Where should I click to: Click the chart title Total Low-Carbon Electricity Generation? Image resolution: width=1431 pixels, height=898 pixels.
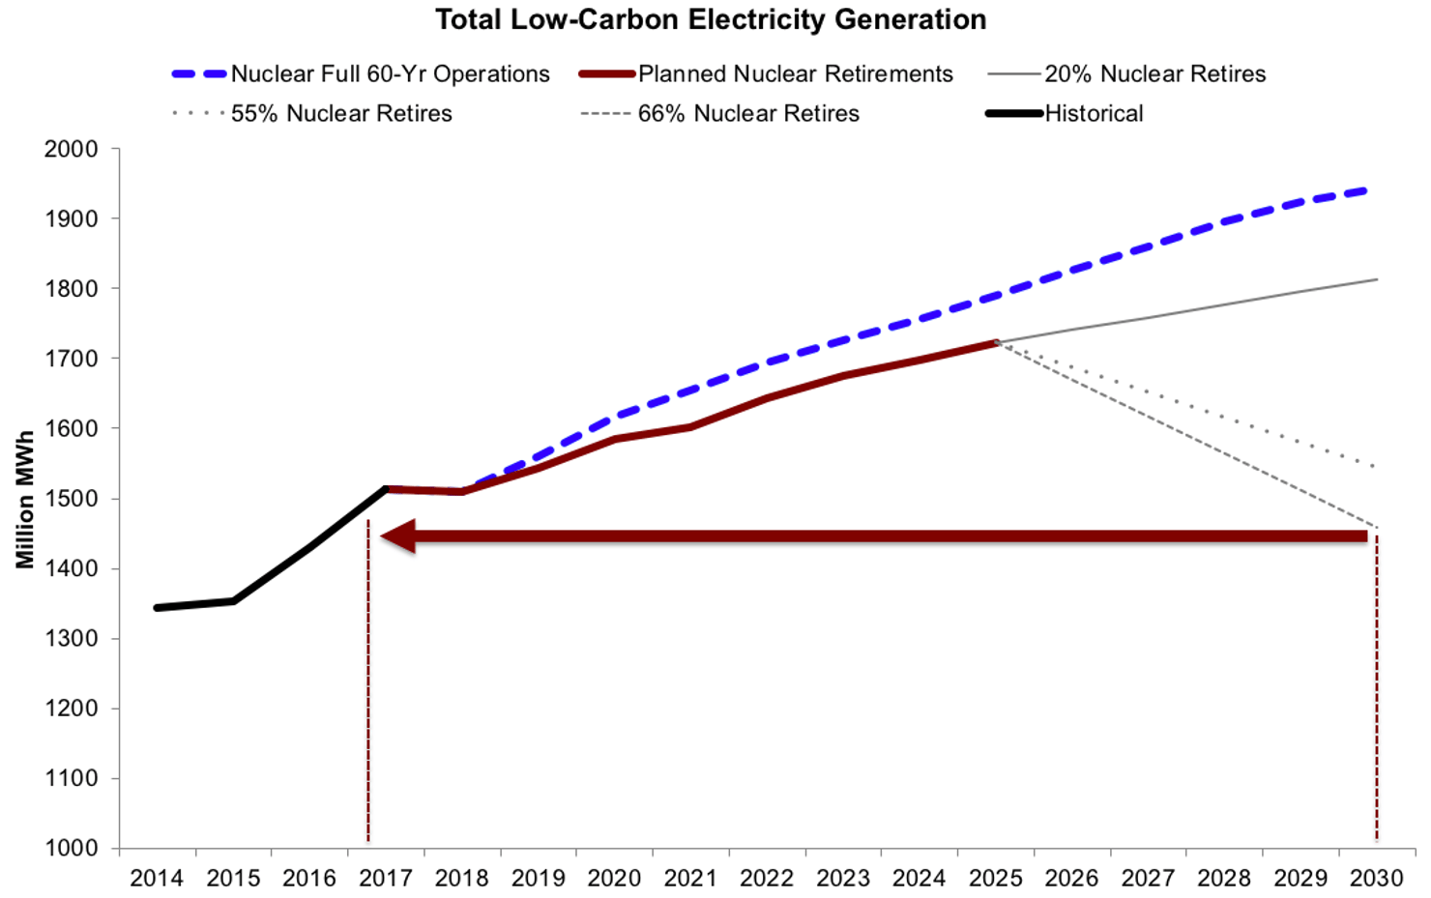coord(711,20)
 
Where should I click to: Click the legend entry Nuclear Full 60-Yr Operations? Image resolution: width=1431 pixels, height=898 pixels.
coord(390,74)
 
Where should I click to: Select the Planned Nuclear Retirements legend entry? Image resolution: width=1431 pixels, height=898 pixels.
coord(795,74)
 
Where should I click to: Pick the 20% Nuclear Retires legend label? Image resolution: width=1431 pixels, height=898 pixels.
coord(1154,74)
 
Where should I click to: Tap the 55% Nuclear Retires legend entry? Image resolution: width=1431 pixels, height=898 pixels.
coord(340,114)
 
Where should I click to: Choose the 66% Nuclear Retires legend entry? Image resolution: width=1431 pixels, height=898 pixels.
coord(747,114)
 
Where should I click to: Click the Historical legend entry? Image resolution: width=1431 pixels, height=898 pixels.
coord(1094,114)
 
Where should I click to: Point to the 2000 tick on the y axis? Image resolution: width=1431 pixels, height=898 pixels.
coord(72,149)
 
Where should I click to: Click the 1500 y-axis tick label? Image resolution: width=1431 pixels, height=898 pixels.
coord(72,499)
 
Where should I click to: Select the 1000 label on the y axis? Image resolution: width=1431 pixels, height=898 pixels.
coord(72,848)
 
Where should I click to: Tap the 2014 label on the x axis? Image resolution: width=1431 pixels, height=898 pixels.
coord(157,879)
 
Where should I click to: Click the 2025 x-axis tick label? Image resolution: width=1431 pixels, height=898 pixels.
coord(995,879)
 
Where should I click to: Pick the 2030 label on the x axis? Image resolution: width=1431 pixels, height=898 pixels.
coord(1376,879)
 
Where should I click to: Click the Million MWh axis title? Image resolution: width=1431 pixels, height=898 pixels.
coord(25,499)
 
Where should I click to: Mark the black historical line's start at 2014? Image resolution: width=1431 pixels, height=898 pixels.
coord(158,608)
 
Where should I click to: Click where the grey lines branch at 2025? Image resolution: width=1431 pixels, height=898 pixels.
coord(995,342)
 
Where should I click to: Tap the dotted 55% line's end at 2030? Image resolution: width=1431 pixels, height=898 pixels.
coord(1374,467)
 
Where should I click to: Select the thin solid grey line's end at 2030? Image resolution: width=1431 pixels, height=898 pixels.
coord(1376,279)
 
